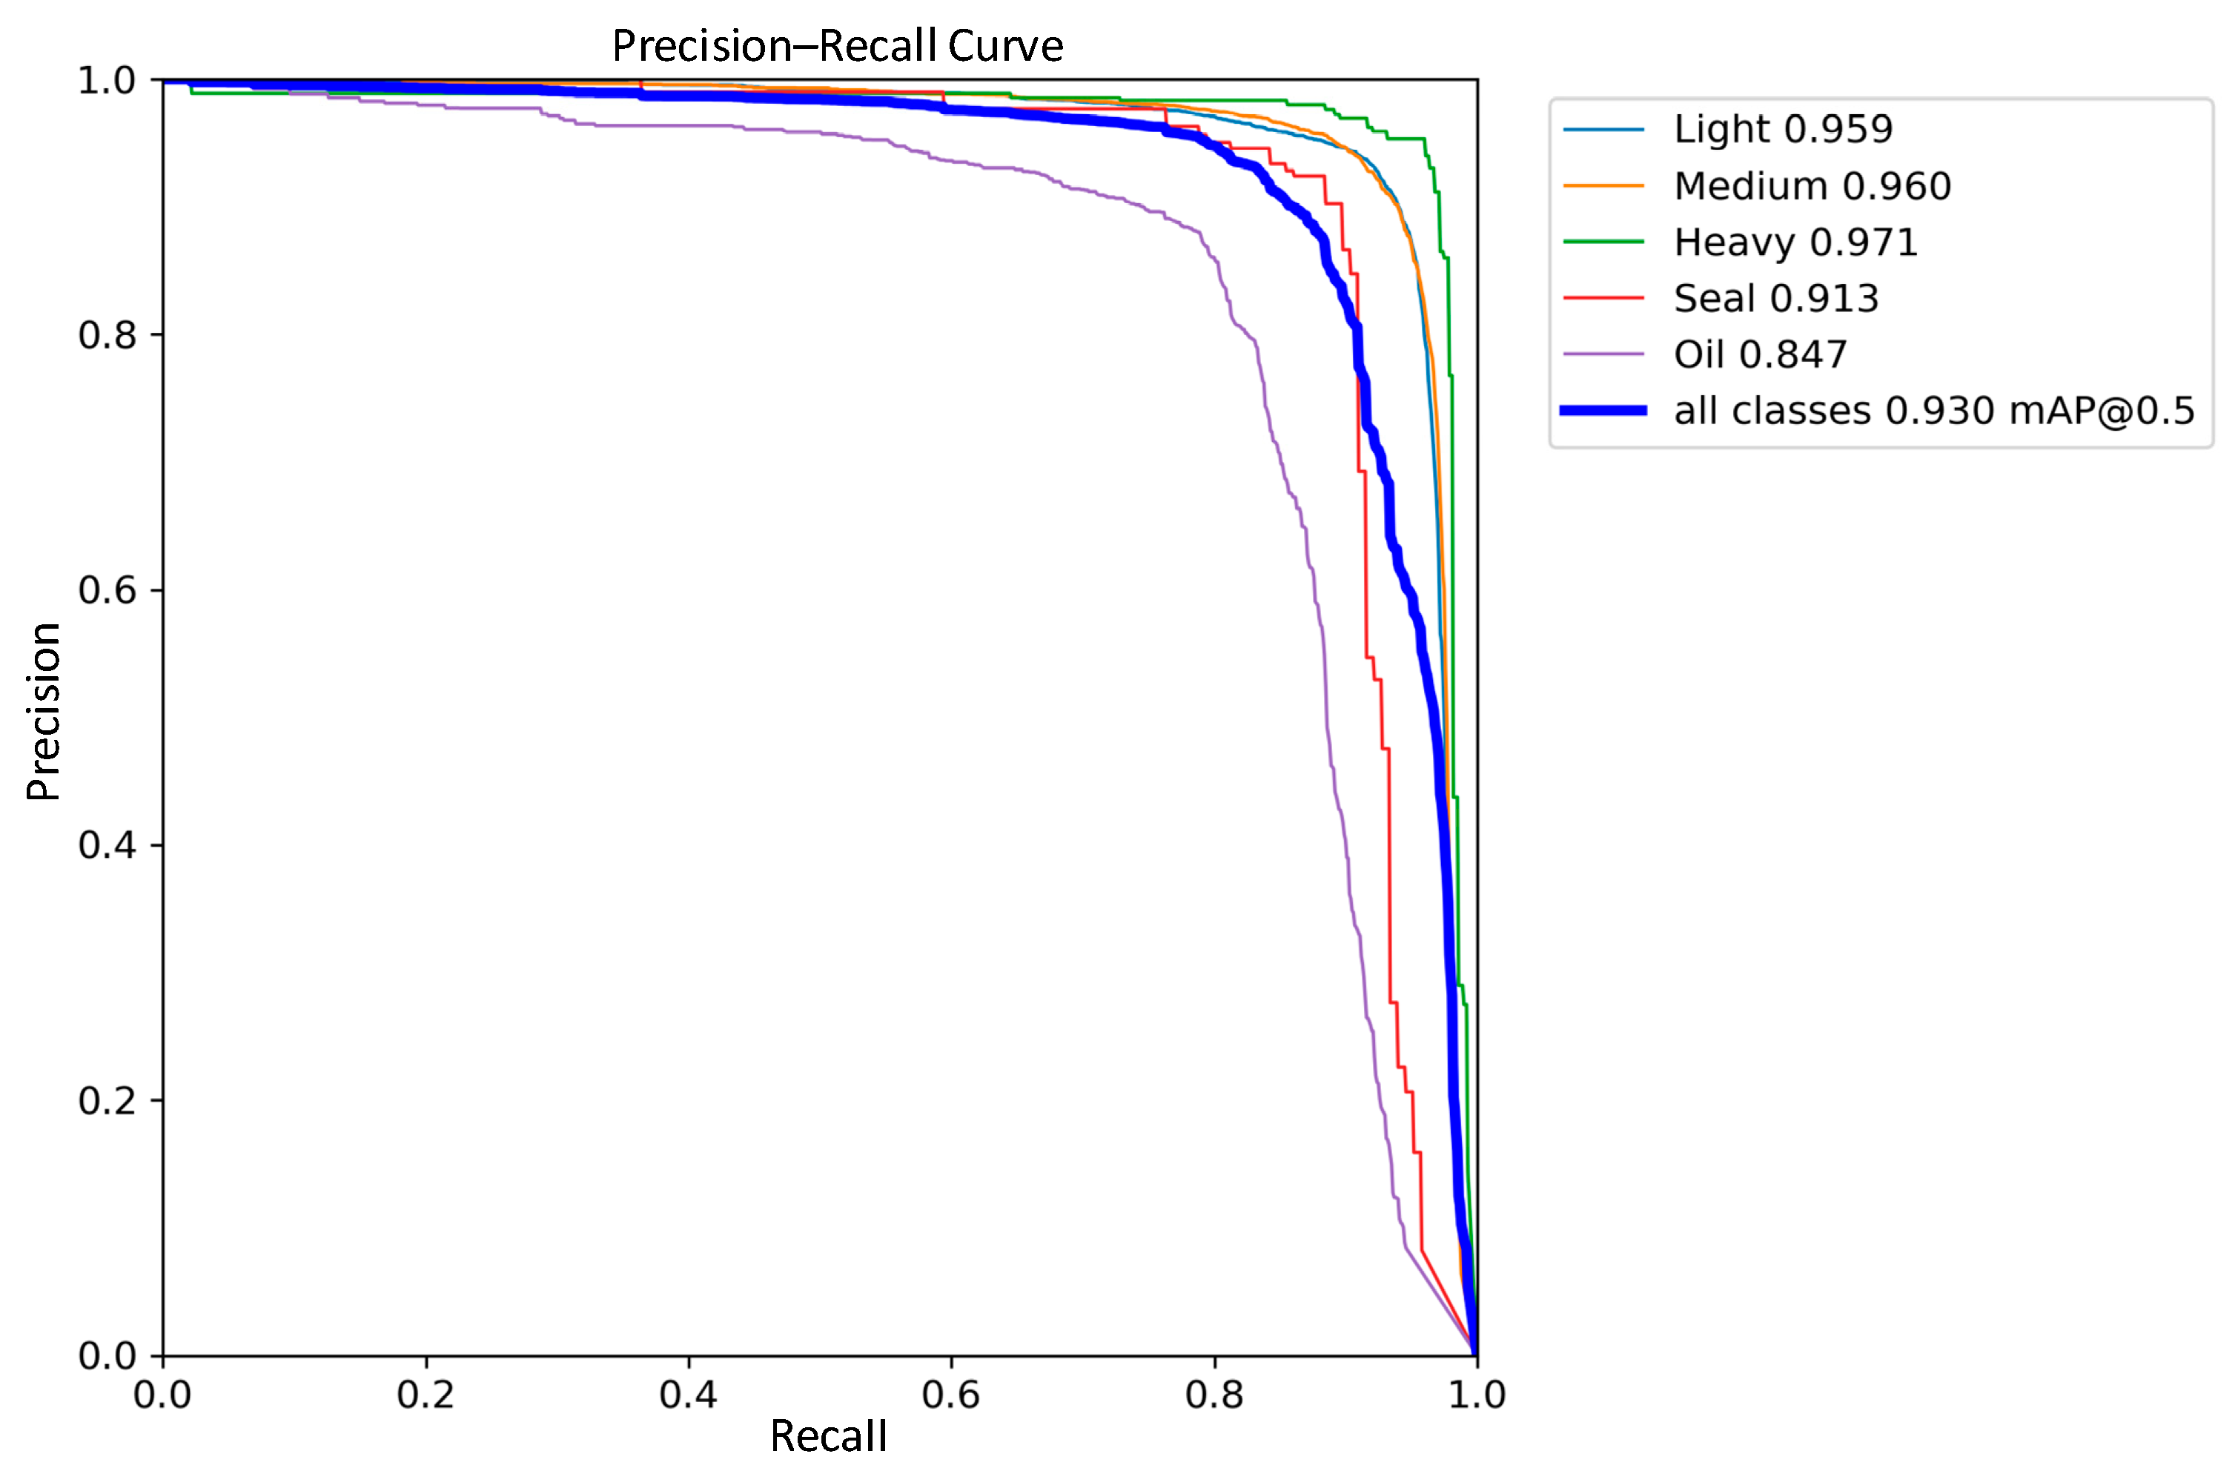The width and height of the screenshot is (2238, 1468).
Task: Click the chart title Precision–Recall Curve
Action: point(837,45)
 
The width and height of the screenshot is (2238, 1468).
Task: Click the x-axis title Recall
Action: point(827,1436)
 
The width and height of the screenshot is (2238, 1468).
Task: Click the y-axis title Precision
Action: point(43,711)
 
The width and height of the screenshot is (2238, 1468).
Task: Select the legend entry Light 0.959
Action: point(1782,129)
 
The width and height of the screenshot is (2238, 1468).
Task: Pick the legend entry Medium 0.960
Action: point(1811,185)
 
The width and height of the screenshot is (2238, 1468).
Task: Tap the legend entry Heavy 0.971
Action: point(1794,242)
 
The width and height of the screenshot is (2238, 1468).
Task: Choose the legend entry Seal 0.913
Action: point(1775,298)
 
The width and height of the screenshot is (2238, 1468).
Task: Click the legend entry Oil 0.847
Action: point(1759,354)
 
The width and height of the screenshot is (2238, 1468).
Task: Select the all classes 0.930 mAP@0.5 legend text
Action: point(1933,411)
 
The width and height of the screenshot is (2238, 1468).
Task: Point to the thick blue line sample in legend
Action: point(1603,411)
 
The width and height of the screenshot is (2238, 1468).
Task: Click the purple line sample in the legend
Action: point(1603,354)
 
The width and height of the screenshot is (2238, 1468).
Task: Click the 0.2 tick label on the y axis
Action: point(106,1100)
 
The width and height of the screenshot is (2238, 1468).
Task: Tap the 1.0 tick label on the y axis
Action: point(106,80)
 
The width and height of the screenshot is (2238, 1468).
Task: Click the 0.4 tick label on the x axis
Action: point(689,1394)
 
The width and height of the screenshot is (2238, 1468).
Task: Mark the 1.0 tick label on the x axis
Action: point(1477,1394)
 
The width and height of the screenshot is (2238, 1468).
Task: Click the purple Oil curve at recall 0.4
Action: point(689,126)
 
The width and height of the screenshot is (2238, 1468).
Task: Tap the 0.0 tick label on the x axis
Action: point(162,1394)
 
